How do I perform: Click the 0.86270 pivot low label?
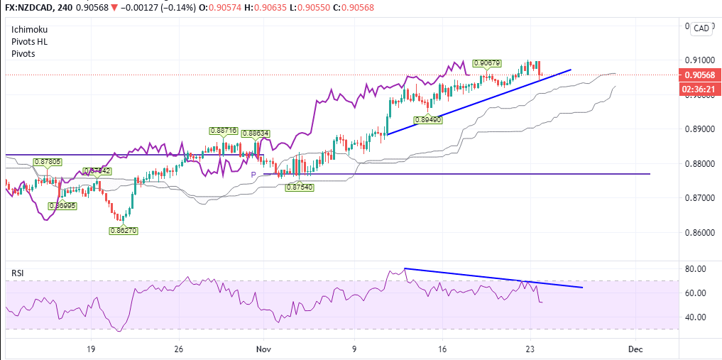pos(123,230)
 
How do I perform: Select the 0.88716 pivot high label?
pos(223,131)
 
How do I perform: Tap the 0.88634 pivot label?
pos(256,133)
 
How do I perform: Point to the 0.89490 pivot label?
pos(428,120)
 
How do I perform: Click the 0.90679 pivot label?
pos(488,63)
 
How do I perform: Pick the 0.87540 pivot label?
pos(299,187)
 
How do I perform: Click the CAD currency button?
pos(701,28)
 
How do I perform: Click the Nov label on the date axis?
pos(264,349)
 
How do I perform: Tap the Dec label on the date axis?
pos(635,349)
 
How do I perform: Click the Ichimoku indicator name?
pos(30,30)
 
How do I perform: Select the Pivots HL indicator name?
pos(30,42)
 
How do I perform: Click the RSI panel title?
pos(18,273)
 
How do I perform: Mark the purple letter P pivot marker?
pos(253,175)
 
